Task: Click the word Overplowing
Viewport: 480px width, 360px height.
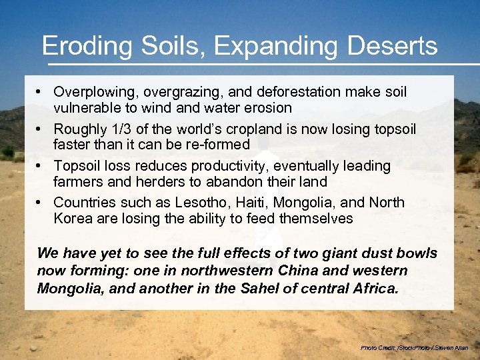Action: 92,91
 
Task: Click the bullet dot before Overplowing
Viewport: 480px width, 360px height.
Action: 41,91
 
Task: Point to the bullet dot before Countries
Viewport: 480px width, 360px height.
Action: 41,202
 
